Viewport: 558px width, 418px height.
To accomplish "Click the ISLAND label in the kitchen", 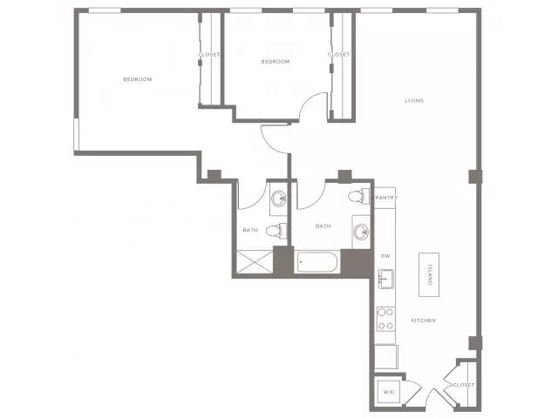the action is click(x=430, y=274).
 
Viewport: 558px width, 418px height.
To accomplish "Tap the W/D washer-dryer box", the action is click(x=389, y=392).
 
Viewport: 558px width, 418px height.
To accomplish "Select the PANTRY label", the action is click(x=386, y=198).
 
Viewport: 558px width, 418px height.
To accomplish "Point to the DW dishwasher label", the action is click(x=385, y=256).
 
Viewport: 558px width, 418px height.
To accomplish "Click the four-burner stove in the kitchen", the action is click(x=385, y=319).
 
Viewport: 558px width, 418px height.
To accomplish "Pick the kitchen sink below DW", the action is click(x=385, y=279).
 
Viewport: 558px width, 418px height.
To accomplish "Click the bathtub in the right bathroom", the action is click(x=316, y=262).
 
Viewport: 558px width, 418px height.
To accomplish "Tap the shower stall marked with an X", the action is click(x=255, y=262).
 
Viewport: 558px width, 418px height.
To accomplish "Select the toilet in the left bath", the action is click(x=276, y=231).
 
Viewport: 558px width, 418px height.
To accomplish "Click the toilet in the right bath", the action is click(x=358, y=196).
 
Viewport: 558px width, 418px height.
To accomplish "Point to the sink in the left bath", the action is click(x=279, y=199).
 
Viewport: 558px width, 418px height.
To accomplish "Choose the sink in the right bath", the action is click(x=362, y=233).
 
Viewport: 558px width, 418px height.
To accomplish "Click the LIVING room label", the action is click(x=414, y=101).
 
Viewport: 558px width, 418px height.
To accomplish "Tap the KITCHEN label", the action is click(x=423, y=320).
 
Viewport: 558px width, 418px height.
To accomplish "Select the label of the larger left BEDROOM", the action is click(x=138, y=79).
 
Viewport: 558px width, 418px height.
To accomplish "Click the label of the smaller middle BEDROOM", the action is click(x=276, y=62).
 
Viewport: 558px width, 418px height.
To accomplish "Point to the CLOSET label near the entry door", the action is click(x=464, y=385).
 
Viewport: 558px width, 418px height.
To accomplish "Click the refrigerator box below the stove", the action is click(x=386, y=356).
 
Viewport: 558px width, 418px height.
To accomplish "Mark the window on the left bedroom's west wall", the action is click(x=76, y=134).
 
